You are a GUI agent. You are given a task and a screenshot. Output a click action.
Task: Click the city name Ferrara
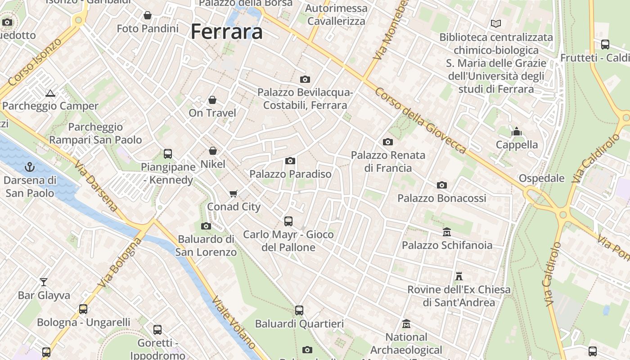[x=226, y=32]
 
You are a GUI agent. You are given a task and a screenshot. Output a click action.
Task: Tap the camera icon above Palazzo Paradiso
[x=290, y=161]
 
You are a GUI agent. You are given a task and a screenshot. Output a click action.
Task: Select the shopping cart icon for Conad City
[x=233, y=193]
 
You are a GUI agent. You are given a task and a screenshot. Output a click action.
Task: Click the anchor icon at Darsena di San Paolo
[x=30, y=167]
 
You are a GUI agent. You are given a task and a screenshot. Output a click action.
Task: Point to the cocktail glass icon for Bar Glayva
[x=44, y=282]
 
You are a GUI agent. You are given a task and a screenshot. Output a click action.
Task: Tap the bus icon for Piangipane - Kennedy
[x=168, y=154]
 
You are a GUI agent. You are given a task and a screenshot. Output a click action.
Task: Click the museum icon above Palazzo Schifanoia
[x=446, y=232]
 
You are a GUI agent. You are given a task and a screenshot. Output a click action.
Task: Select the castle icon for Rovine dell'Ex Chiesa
[x=459, y=276]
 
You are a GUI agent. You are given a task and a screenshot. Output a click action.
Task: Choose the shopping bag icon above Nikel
[x=213, y=151]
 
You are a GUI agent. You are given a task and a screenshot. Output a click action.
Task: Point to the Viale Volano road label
[x=234, y=322]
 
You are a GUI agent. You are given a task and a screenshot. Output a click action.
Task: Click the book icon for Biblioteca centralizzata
[x=496, y=23]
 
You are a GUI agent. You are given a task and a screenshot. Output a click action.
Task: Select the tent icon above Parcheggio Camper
[x=50, y=93]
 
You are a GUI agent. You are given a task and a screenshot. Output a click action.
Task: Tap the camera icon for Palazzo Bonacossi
[x=442, y=185]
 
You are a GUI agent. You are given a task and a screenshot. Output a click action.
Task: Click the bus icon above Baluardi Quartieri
[x=299, y=310]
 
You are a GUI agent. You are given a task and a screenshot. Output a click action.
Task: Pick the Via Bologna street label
[x=119, y=263]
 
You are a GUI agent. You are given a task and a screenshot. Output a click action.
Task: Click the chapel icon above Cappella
[x=516, y=131]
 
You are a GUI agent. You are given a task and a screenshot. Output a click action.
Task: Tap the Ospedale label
[x=541, y=178]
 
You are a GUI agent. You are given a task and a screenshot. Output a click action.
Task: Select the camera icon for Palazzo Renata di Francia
[x=387, y=142]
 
